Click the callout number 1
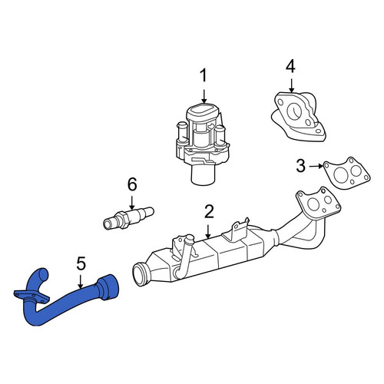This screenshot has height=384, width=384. (x=204, y=76)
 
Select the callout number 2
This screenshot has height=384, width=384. (x=209, y=212)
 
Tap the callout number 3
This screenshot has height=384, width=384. (x=301, y=166)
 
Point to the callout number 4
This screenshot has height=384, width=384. (x=290, y=67)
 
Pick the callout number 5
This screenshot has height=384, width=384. (x=81, y=263)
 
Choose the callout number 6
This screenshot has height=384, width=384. (x=132, y=184)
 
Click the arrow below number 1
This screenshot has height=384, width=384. (x=204, y=96)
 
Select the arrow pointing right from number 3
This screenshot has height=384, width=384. (x=316, y=167)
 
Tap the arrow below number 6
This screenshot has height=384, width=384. (x=132, y=203)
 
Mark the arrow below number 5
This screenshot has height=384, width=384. (x=81, y=282)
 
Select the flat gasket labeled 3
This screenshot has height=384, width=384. (x=347, y=174)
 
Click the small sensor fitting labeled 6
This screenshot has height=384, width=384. (x=128, y=217)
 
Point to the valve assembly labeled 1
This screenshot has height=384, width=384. (x=202, y=144)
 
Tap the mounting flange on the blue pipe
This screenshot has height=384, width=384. (x=31, y=297)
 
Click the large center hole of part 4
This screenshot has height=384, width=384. (x=295, y=111)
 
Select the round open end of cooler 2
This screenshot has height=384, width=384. (x=141, y=274)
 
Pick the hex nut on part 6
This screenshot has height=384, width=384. (x=123, y=220)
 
